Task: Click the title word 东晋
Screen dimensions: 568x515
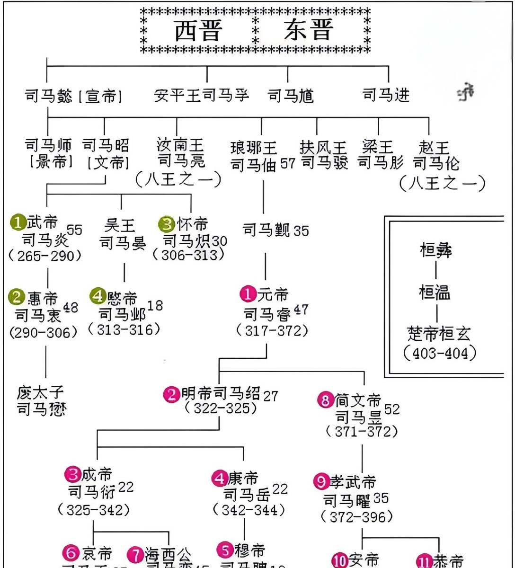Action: (x=309, y=31)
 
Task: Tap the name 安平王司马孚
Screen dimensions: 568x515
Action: (x=202, y=96)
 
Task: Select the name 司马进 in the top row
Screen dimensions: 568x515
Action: (x=386, y=95)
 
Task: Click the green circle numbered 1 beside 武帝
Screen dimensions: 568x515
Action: (x=18, y=222)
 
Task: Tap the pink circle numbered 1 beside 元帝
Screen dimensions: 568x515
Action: (x=248, y=294)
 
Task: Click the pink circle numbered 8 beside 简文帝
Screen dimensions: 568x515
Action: (x=325, y=401)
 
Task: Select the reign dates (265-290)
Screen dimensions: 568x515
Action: (x=45, y=256)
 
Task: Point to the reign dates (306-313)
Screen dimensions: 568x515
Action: (x=188, y=255)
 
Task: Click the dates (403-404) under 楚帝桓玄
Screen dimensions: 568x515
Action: (x=440, y=353)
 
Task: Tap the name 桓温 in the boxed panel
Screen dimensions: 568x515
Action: (x=435, y=293)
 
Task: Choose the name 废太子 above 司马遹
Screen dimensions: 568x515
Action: (x=40, y=392)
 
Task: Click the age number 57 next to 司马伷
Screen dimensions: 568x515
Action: (x=287, y=163)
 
